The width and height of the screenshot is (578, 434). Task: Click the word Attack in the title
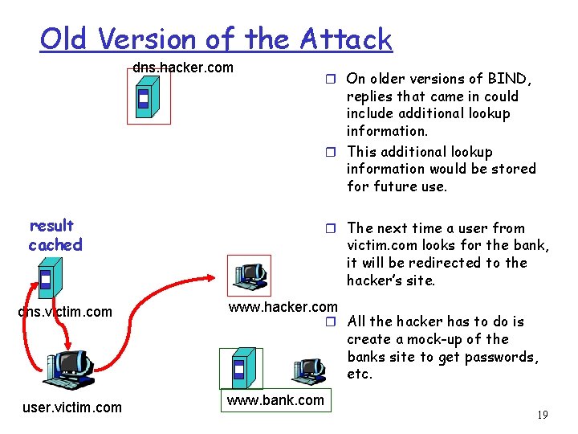click(346, 39)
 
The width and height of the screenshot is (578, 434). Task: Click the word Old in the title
click(63, 39)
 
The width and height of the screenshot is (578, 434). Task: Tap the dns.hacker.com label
click(183, 68)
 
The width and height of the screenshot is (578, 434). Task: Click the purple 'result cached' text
click(54, 235)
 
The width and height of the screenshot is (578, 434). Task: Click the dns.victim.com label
click(65, 311)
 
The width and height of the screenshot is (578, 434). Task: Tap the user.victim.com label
click(72, 407)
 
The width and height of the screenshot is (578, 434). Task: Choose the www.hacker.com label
click(283, 307)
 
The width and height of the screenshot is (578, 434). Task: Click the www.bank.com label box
click(275, 400)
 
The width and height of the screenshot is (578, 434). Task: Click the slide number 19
click(542, 416)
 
